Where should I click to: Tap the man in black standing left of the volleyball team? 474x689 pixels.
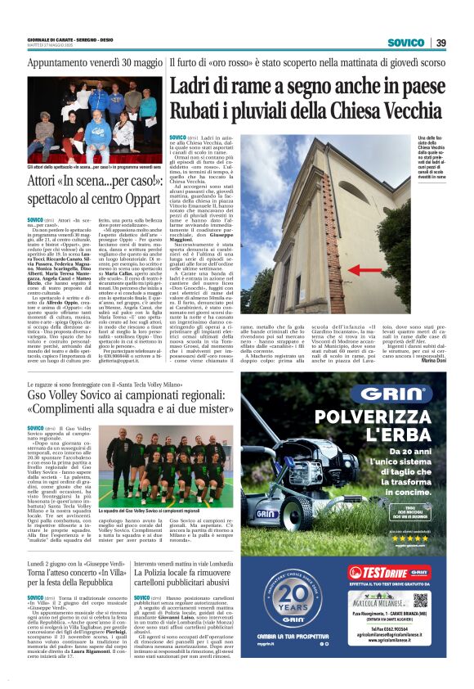tap(101, 470)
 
